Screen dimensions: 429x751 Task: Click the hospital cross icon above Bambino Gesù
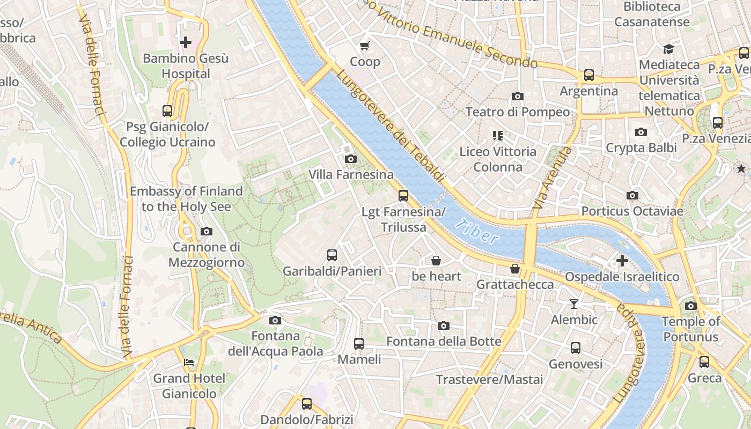(186, 42)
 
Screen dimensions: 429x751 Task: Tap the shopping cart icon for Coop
(365, 46)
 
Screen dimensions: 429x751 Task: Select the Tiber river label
(476, 231)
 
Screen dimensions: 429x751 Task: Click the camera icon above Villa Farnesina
(350, 159)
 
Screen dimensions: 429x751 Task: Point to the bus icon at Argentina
(589, 75)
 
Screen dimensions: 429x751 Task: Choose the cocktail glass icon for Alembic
(574, 304)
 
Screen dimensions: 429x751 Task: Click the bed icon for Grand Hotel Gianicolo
(189, 363)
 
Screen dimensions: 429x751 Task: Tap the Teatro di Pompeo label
(517, 112)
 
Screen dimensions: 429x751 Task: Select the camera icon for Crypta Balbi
(640, 132)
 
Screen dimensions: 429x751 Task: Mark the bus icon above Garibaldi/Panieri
(332, 255)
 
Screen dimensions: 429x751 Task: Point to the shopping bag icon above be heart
(436, 261)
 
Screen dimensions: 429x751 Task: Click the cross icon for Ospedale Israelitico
(622, 261)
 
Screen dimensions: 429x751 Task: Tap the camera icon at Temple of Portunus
(690, 306)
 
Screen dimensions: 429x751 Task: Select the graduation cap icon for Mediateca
(668, 49)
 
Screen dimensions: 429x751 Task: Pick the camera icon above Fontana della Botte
(443, 326)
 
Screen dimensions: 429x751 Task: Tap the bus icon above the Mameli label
(359, 343)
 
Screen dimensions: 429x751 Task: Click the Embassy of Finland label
(186, 198)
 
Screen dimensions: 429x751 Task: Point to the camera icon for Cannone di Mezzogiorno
(206, 232)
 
